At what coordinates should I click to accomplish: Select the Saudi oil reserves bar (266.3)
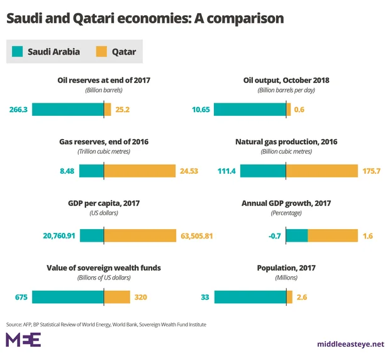[x=67, y=110]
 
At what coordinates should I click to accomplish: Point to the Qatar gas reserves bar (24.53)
[x=140, y=171]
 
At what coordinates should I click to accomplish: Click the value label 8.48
[x=65, y=171]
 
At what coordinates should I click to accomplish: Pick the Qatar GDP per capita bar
[x=140, y=235]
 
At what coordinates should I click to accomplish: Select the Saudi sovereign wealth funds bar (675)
[x=67, y=298]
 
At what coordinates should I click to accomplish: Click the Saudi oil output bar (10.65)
[x=250, y=110]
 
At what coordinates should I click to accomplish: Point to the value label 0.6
[x=299, y=110]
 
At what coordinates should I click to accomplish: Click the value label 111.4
[x=226, y=171]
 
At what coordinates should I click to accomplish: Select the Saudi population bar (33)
[x=250, y=298]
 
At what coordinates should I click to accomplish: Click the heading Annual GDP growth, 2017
[x=286, y=203]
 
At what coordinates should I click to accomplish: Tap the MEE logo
[x=23, y=340]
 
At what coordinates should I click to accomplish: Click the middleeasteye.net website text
[x=350, y=344]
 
